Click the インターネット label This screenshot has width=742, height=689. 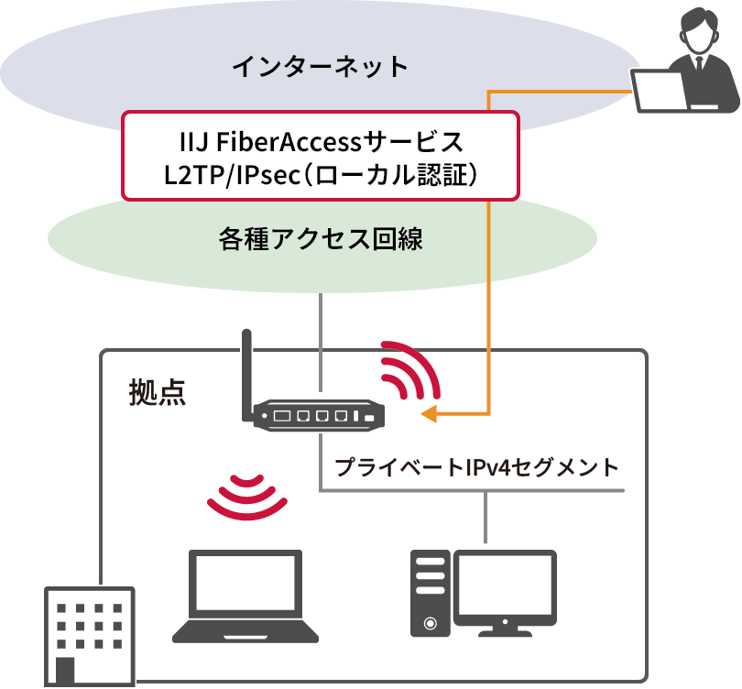[x=320, y=67]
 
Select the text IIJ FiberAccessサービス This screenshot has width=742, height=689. [x=320, y=143]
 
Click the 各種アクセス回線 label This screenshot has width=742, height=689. [x=320, y=239]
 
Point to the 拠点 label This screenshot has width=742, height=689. [x=157, y=392]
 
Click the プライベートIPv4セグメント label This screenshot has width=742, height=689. [x=476, y=467]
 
